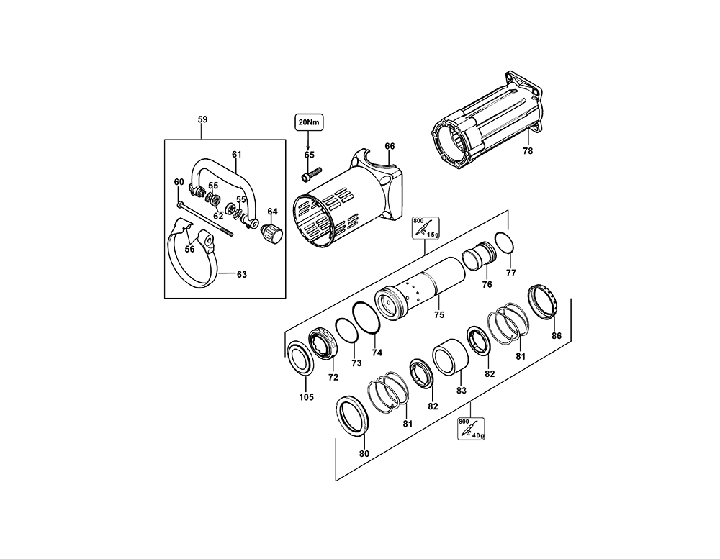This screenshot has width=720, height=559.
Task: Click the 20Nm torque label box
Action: point(308,122)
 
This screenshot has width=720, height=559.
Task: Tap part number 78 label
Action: point(528,152)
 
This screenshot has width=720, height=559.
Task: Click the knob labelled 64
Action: point(273,232)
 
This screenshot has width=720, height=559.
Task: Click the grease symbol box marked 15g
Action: point(425,228)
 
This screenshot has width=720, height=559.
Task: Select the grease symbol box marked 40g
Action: point(472,429)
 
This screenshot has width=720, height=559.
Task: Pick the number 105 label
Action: point(306,397)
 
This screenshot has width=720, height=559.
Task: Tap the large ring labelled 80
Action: point(354,417)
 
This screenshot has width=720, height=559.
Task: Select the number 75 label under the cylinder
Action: point(438,314)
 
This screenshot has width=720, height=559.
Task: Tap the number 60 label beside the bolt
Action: point(179,182)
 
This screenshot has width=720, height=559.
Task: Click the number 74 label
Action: point(377,353)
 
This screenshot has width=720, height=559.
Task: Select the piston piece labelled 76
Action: point(477,256)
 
